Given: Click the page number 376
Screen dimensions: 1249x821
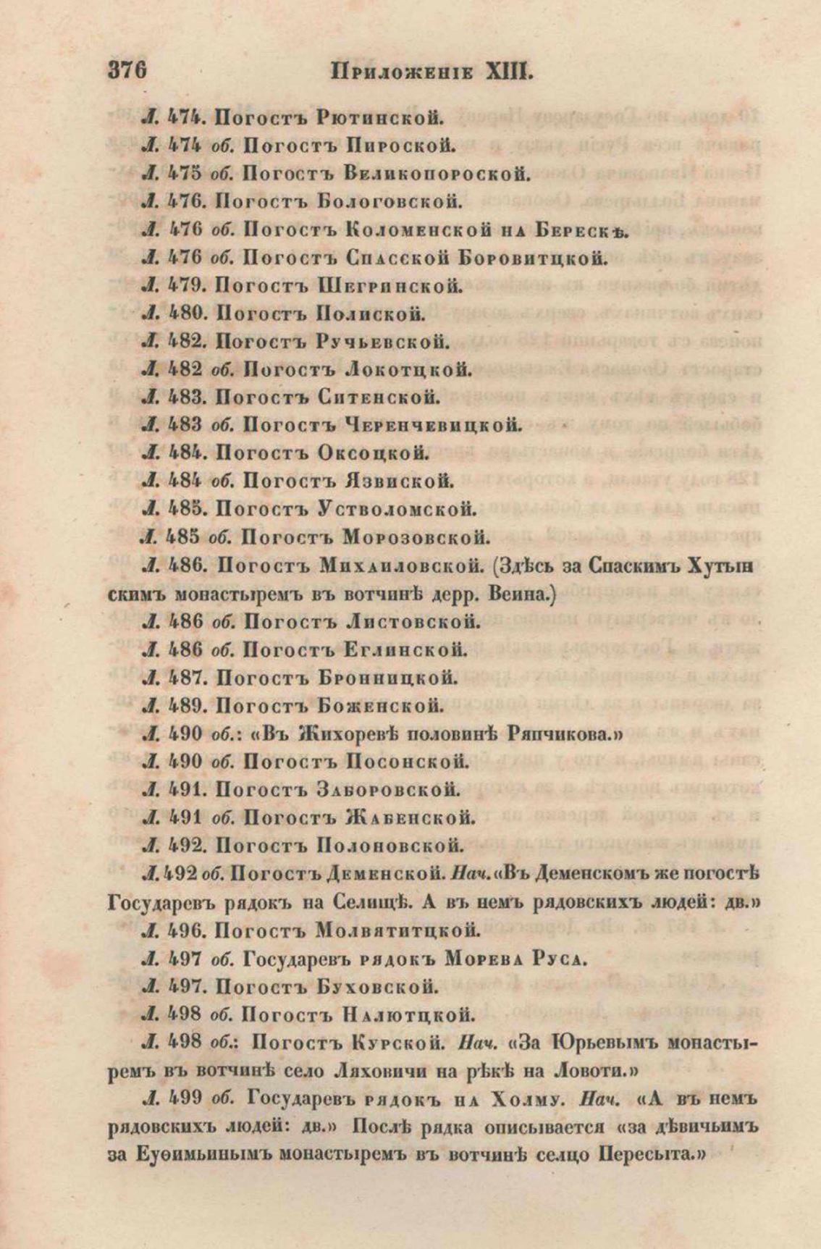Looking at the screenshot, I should pyautogui.click(x=128, y=72).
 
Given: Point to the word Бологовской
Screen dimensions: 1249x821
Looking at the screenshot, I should pyautogui.click(x=390, y=201).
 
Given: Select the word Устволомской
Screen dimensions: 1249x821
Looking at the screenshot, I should pyautogui.click(x=397, y=509).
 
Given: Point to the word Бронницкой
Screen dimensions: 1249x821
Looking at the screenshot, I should pyautogui.click(x=387, y=678).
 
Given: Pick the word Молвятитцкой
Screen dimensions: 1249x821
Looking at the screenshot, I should pyautogui.click(x=400, y=930).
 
